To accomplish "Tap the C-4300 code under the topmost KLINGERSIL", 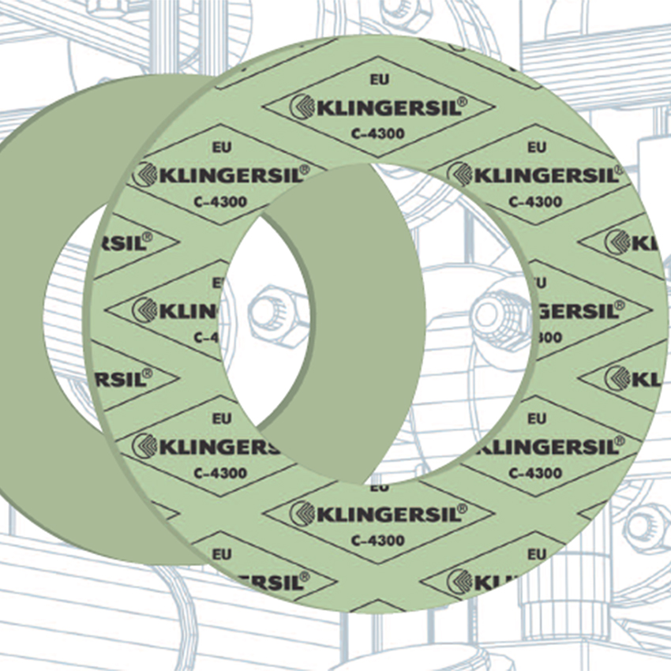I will click(x=378, y=133).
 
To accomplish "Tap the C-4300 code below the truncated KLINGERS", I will click(x=220, y=474).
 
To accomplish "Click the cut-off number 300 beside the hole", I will click(x=546, y=337).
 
